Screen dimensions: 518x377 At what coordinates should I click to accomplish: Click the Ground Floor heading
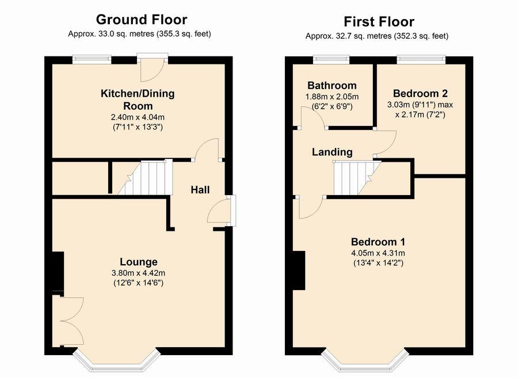point(142,20)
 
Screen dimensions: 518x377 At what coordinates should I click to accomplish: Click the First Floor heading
point(379,22)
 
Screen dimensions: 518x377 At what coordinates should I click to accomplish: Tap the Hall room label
point(200,190)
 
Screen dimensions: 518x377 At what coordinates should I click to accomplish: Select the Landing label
point(332,152)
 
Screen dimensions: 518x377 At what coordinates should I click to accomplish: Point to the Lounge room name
point(138,262)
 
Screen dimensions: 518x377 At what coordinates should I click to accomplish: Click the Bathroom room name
point(332,86)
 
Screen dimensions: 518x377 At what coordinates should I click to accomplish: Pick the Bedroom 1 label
point(378,242)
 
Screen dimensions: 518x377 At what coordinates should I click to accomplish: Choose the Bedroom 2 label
point(420,93)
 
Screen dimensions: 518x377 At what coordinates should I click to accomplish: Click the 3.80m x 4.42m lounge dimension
point(138,273)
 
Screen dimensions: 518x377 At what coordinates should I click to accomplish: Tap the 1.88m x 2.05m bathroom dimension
point(332,97)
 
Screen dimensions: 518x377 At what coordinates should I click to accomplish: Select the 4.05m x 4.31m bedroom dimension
point(378,253)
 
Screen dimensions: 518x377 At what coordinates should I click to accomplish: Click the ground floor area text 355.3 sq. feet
point(184,34)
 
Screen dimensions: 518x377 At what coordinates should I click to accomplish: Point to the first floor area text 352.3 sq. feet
point(421,36)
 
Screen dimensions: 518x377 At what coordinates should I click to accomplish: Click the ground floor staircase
point(146,178)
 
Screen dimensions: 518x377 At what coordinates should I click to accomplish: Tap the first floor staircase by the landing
point(357,178)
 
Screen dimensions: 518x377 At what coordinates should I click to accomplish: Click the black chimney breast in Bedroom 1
point(299,271)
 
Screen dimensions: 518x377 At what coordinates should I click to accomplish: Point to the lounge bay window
point(116,360)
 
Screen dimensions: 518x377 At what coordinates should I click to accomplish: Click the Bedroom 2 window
point(421,59)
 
